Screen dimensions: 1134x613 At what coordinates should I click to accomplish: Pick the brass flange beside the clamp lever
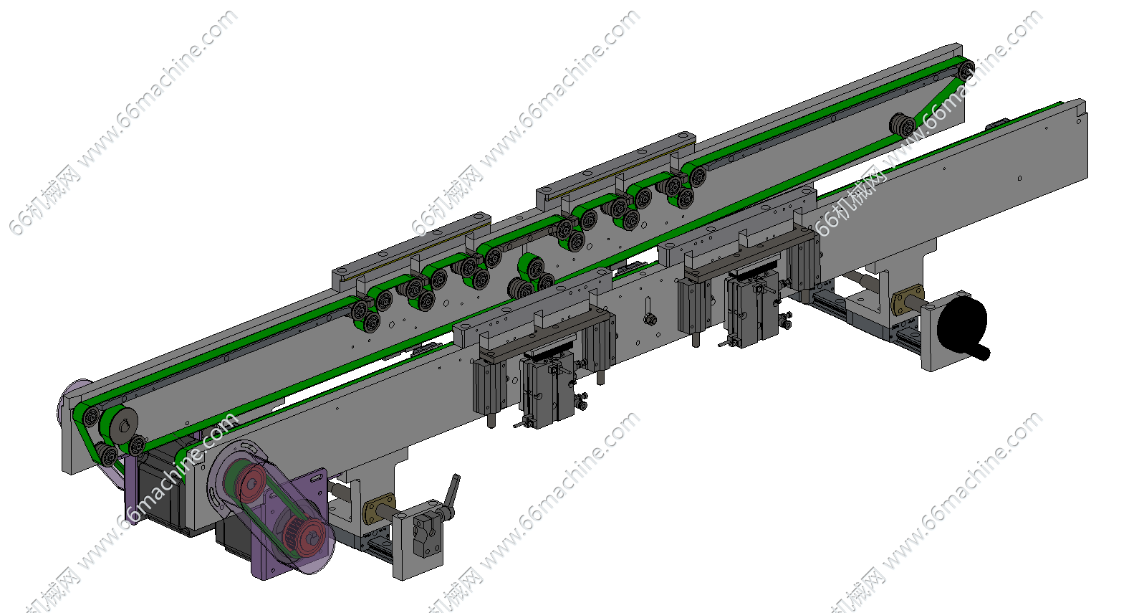[379, 509]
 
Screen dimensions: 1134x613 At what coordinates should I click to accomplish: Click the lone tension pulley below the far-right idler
[903, 125]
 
